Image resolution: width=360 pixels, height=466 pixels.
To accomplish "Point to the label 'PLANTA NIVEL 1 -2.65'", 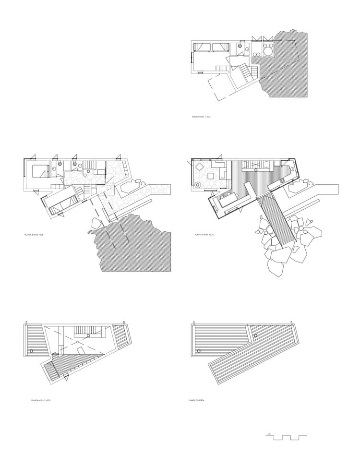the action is click(201, 117).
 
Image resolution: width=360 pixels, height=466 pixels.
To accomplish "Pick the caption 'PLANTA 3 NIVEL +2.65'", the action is click(204, 235).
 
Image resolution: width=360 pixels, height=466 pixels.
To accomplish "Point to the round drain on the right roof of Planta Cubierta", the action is click(256, 335).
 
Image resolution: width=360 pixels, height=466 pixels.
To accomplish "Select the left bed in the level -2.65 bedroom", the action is click(202, 47).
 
